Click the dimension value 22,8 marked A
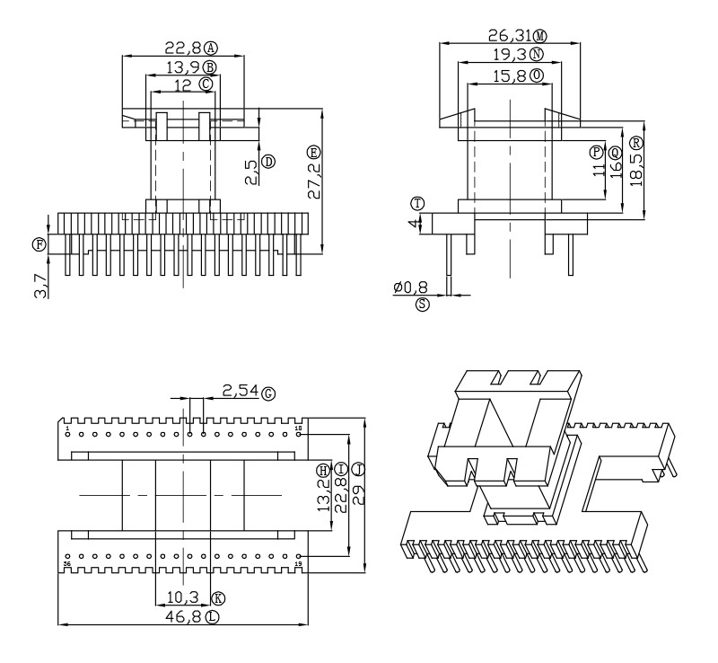(x=182, y=48)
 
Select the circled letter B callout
(x=209, y=66)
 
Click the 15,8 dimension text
(x=509, y=76)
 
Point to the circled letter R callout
(x=636, y=142)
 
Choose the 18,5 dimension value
(x=636, y=168)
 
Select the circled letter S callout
(x=423, y=305)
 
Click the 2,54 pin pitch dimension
(x=240, y=392)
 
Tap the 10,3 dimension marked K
(x=183, y=597)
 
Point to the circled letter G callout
(x=267, y=393)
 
